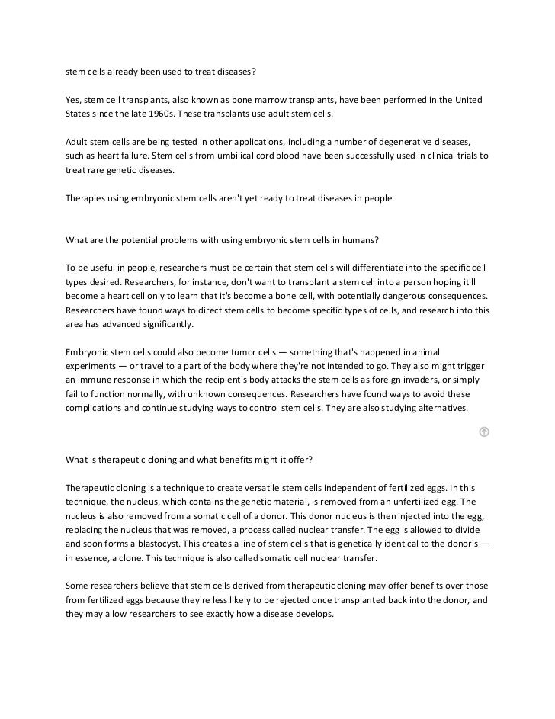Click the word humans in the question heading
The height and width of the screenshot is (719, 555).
point(357,239)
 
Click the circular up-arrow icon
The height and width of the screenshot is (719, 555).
point(483,432)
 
